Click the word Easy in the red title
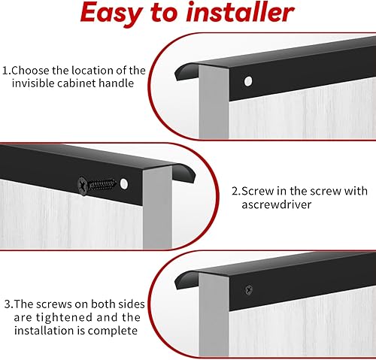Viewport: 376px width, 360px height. click(x=111, y=13)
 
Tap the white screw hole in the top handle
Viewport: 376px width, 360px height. click(x=248, y=81)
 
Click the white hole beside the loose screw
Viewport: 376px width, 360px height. click(x=124, y=184)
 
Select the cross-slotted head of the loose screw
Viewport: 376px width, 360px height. click(x=83, y=186)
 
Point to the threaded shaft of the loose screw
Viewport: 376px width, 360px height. click(x=102, y=185)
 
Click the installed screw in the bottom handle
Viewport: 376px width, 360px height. click(x=248, y=290)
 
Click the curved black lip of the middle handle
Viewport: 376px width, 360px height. click(x=185, y=172)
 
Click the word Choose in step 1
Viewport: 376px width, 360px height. click(x=30, y=71)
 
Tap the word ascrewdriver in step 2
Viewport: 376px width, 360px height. click(x=276, y=204)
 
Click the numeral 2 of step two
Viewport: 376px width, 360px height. click(x=235, y=191)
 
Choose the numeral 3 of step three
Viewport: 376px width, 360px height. click(x=8, y=304)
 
